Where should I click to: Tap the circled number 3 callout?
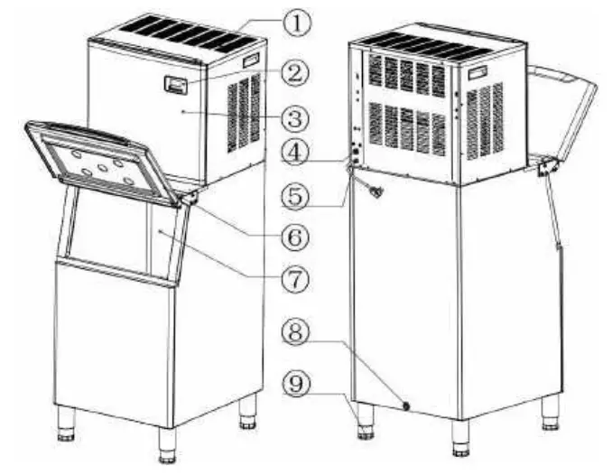(296, 117)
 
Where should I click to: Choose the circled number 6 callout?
(295, 237)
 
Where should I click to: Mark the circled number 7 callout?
(295, 280)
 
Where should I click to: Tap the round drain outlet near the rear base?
(406, 406)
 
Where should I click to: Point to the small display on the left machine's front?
(177, 86)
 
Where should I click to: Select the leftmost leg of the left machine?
(66, 423)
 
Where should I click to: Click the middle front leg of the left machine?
(166, 443)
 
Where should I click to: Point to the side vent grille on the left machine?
(243, 113)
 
